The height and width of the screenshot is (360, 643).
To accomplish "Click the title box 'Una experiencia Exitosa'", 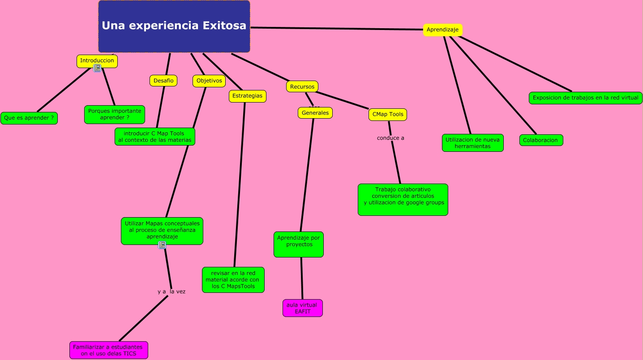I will tap(174, 26).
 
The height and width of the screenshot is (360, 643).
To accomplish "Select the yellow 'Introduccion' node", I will tap(97, 60).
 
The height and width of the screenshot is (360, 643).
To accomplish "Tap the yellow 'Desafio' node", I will tap(163, 81).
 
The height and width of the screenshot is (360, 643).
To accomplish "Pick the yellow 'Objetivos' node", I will tap(209, 81).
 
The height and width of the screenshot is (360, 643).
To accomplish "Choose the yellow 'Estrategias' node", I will tap(247, 96).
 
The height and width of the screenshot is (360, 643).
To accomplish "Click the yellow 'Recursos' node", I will tap(302, 86).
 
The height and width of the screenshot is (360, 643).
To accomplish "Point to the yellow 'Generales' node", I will tap(315, 113).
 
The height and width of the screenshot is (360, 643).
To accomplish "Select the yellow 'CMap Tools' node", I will tap(388, 114).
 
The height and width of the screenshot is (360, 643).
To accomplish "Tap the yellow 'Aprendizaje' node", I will tap(442, 30).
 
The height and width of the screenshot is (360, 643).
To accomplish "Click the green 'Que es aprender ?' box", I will tap(29, 118).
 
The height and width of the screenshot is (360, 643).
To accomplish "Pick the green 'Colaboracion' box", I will tap(540, 140).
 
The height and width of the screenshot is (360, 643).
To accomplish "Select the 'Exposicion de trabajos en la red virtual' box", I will tap(585, 98).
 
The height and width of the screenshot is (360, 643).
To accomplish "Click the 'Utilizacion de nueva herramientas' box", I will tap(472, 143).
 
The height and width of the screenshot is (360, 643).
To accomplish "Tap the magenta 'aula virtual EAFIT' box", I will tap(302, 308).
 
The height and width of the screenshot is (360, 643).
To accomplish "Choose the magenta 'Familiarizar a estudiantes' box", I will tap(108, 350).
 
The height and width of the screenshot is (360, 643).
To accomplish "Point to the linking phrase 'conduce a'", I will tap(390, 138).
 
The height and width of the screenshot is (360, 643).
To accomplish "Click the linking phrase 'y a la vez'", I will tap(171, 291).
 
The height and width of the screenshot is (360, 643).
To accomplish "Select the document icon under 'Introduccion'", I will tap(97, 68).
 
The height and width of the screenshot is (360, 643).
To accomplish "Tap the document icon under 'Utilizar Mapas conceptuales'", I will tap(162, 245).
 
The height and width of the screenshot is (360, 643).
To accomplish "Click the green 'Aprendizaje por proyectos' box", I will tap(299, 244).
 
